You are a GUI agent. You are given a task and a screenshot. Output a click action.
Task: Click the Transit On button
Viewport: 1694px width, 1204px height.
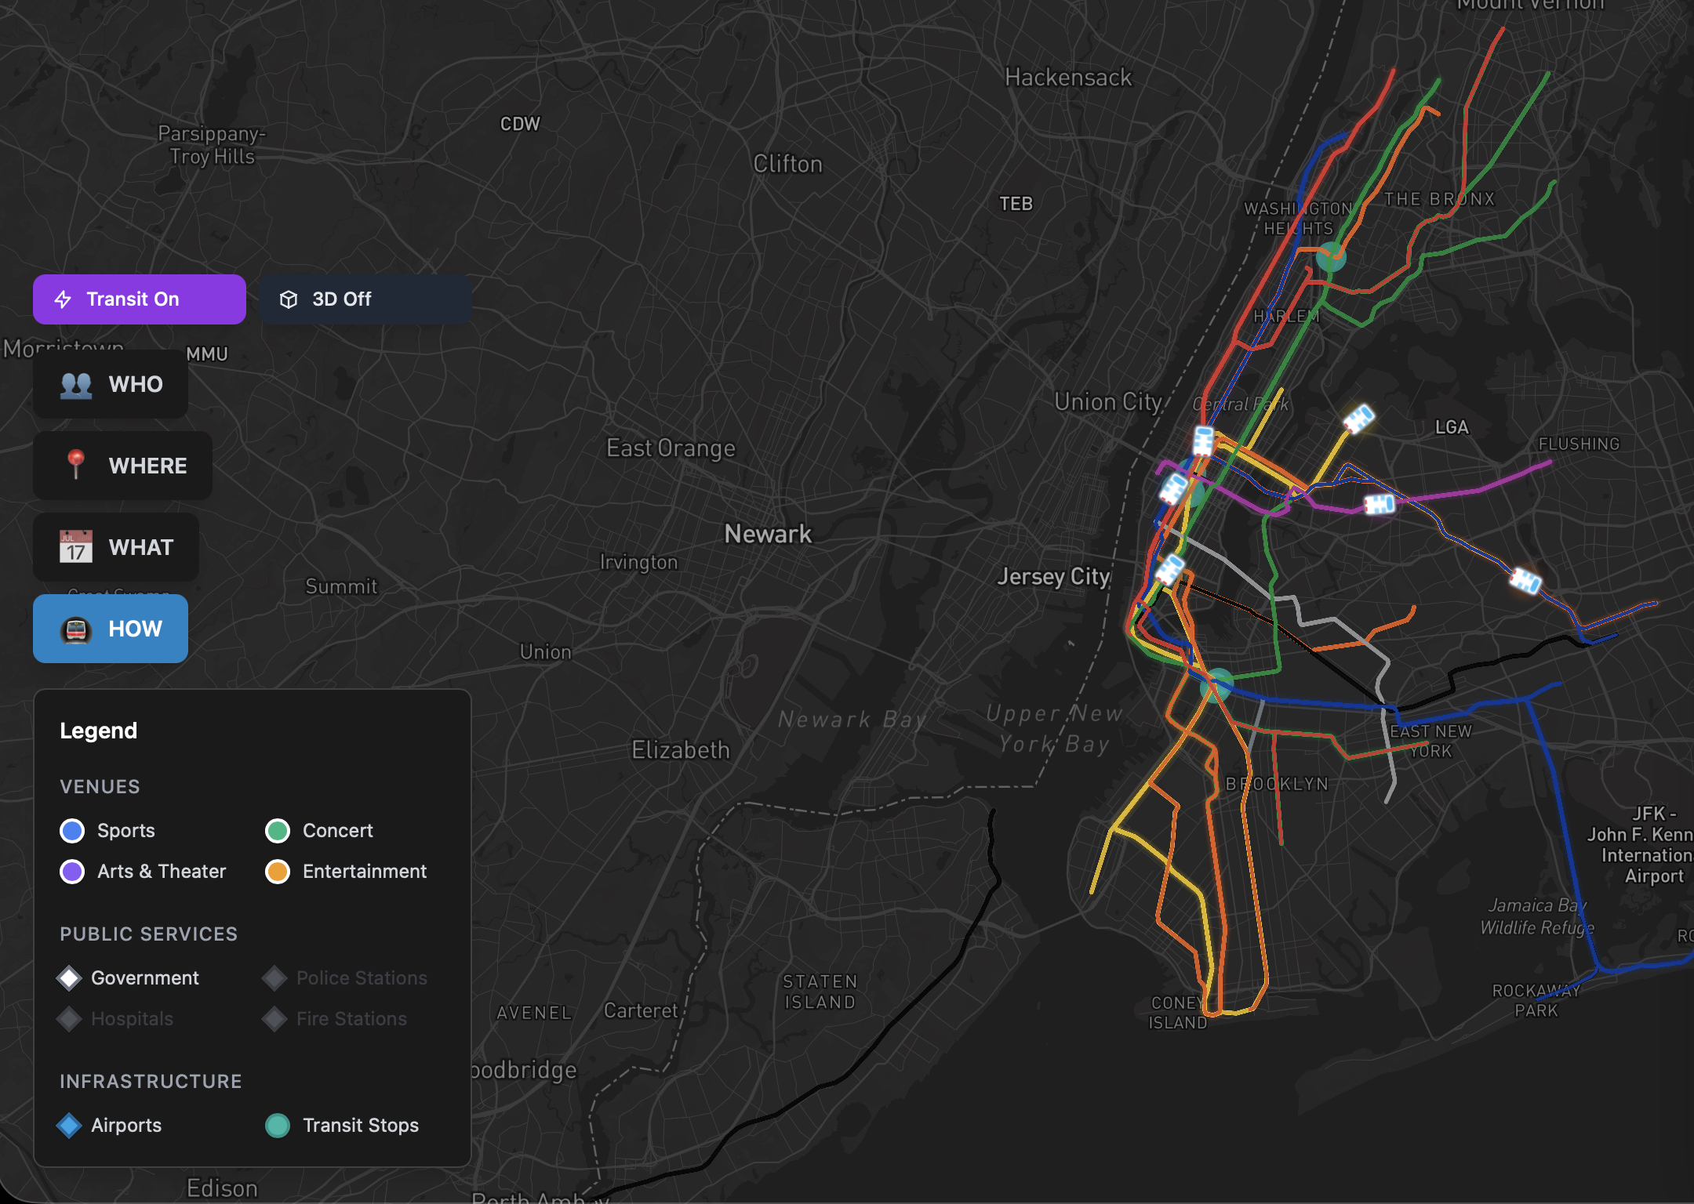[x=139, y=299]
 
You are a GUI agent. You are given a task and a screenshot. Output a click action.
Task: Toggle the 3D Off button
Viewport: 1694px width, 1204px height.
[x=365, y=299]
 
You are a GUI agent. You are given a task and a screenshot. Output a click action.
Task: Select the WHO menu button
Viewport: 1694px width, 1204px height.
[x=111, y=384]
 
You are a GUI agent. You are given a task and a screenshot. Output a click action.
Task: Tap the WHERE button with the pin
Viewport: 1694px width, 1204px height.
[x=122, y=466]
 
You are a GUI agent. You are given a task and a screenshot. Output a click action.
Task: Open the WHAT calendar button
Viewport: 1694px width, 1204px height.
[x=116, y=547]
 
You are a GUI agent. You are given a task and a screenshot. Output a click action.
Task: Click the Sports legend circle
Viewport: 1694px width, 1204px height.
[x=72, y=831]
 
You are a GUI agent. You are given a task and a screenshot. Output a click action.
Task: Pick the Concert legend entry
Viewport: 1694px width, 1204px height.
[x=278, y=831]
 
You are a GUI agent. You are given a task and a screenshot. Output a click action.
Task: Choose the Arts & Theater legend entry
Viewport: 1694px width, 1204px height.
[x=72, y=872]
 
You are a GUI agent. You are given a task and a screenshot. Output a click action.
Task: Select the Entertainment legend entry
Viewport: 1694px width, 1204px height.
[x=278, y=872]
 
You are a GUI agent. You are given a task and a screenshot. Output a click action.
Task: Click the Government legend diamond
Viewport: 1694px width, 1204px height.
[x=70, y=978]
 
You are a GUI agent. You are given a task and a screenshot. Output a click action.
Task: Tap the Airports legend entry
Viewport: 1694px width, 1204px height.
[x=70, y=1126]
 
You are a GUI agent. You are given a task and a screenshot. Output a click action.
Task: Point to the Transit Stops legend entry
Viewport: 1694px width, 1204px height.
[x=278, y=1126]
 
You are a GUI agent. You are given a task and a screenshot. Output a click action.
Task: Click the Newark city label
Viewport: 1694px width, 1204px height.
[x=768, y=535]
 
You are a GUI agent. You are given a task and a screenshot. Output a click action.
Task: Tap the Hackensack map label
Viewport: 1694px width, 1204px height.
[x=1068, y=78]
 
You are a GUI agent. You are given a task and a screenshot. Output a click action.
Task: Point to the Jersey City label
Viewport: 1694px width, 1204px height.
[x=1053, y=577]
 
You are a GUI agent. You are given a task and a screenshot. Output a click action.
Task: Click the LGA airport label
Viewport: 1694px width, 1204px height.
[x=1452, y=427]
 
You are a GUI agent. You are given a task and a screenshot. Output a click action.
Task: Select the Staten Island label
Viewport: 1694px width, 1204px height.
[x=820, y=992]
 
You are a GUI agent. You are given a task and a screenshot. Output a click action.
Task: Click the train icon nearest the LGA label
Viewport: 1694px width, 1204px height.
[x=1359, y=419]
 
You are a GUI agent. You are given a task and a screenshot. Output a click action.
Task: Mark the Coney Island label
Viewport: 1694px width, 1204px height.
[x=1177, y=1013]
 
